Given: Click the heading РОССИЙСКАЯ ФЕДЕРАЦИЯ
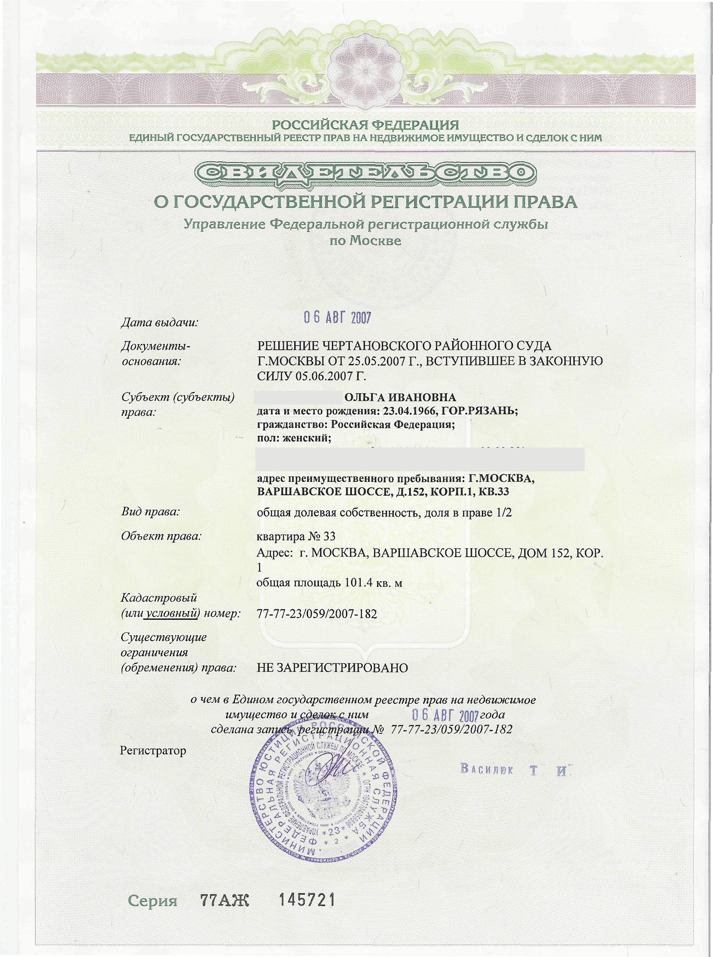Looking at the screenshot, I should (365, 125).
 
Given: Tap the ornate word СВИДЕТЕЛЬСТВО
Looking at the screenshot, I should (365, 175).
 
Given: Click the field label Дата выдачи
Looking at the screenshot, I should (159, 322).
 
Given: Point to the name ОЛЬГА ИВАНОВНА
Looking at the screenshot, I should (400, 397).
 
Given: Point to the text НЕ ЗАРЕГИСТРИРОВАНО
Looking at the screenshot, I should (332, 668).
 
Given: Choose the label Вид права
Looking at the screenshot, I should (150, 512).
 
